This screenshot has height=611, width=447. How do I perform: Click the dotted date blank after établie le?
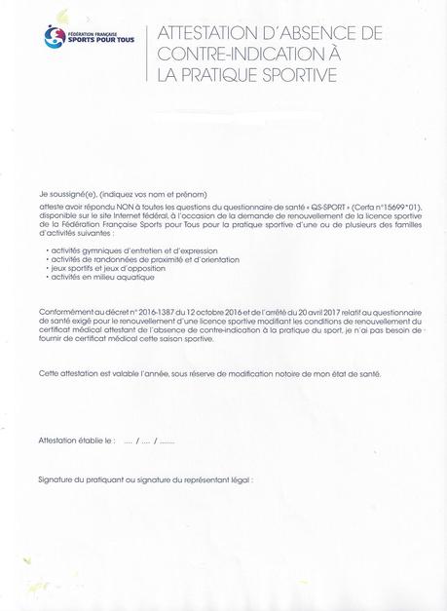coord(149,441)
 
